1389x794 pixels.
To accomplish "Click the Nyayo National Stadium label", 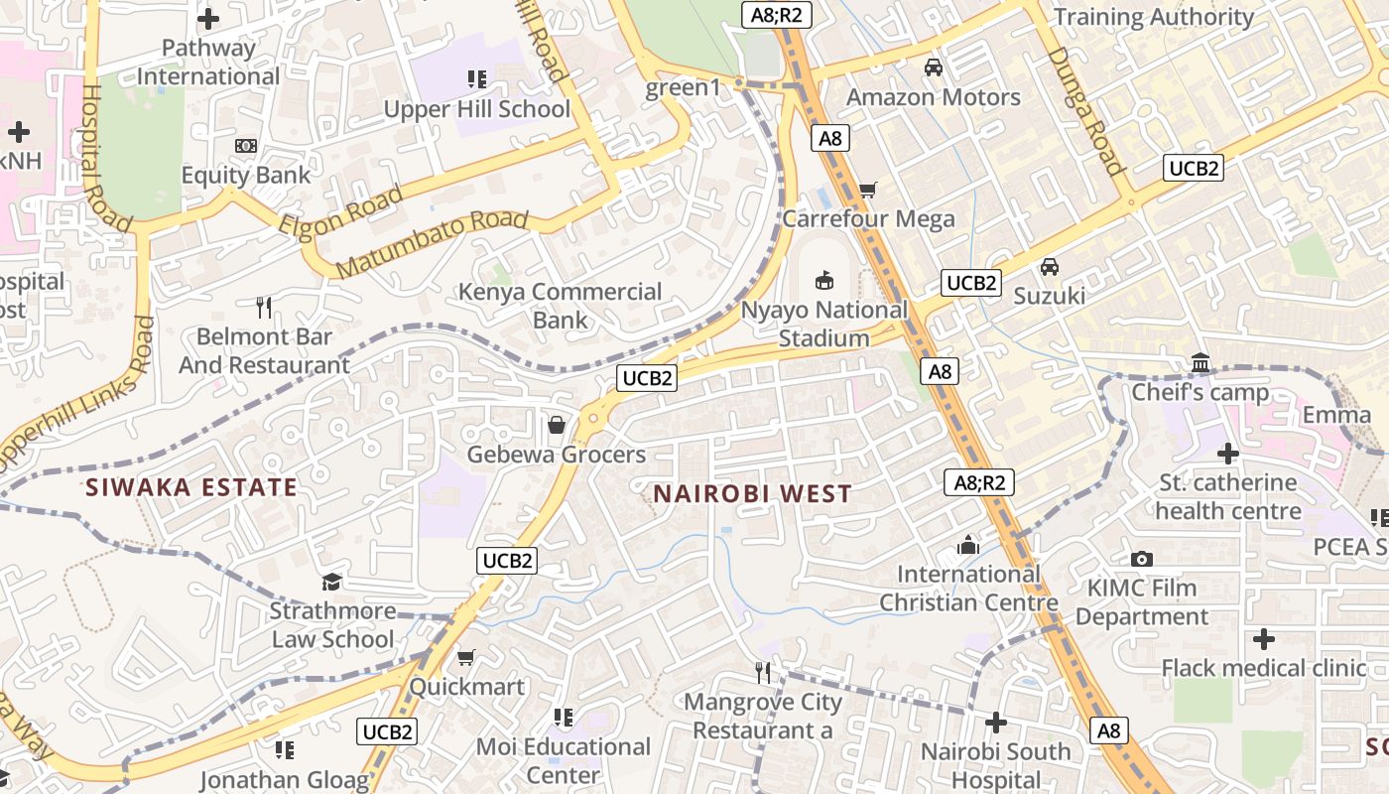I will point(824,325).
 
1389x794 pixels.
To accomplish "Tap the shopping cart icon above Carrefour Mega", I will point(868,189).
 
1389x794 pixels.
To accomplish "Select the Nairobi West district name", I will point(752,493).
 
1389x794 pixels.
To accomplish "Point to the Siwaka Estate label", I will point(191,487).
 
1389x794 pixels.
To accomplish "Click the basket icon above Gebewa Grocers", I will point(557,425).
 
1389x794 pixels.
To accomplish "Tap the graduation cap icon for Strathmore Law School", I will point(331,582).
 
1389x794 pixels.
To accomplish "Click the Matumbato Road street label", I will point(432,244).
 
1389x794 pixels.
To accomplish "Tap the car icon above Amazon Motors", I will point(933,67).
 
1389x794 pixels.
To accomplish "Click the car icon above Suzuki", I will point(1049,267).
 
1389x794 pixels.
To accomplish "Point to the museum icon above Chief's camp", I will point(1200,363).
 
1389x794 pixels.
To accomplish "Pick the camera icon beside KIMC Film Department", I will point(1142,559).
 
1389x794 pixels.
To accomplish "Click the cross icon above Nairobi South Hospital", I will point(996,723).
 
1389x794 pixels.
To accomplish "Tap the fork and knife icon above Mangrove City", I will point(763,673).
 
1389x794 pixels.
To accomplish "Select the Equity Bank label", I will point(246,176).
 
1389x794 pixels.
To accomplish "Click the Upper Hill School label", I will point(477,109).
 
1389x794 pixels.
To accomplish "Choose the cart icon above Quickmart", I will point(466,657).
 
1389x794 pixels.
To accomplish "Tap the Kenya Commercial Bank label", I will point(560,306).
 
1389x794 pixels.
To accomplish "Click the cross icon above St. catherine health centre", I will point(1228,454).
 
